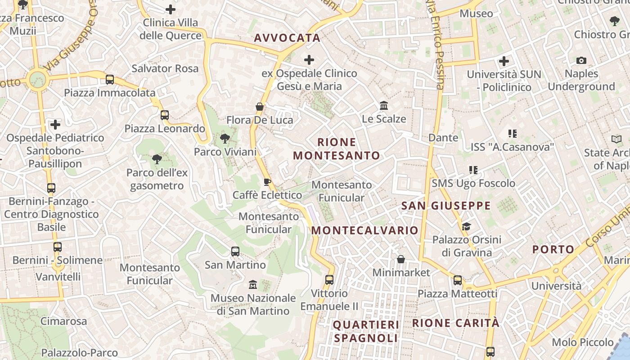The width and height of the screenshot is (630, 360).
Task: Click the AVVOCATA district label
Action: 287,38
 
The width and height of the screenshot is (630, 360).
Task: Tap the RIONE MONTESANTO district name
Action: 337,149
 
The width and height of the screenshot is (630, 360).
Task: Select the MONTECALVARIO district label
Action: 365,230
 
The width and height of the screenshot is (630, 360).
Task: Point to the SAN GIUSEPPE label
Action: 446,206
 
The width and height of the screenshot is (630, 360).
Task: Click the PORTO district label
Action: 553,249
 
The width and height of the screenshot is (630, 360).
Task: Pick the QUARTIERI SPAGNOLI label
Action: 366,331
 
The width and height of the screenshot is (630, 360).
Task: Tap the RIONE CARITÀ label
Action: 456,323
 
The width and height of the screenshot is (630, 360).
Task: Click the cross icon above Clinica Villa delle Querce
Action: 171,9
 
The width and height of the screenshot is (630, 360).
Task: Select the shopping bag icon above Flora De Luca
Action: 260,107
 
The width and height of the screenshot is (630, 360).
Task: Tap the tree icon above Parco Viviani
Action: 225,139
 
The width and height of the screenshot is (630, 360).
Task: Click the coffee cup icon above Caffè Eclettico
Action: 267,182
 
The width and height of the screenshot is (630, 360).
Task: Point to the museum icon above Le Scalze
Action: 384,106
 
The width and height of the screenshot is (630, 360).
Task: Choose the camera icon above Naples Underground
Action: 581,60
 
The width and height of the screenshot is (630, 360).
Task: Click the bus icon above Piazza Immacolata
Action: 110,80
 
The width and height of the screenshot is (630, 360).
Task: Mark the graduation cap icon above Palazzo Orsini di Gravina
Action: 466,226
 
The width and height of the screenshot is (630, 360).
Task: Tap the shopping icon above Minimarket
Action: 401,259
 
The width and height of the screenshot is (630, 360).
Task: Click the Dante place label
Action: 443,138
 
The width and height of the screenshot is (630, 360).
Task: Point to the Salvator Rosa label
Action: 165,68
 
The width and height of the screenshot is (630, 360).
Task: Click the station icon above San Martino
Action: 235,252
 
